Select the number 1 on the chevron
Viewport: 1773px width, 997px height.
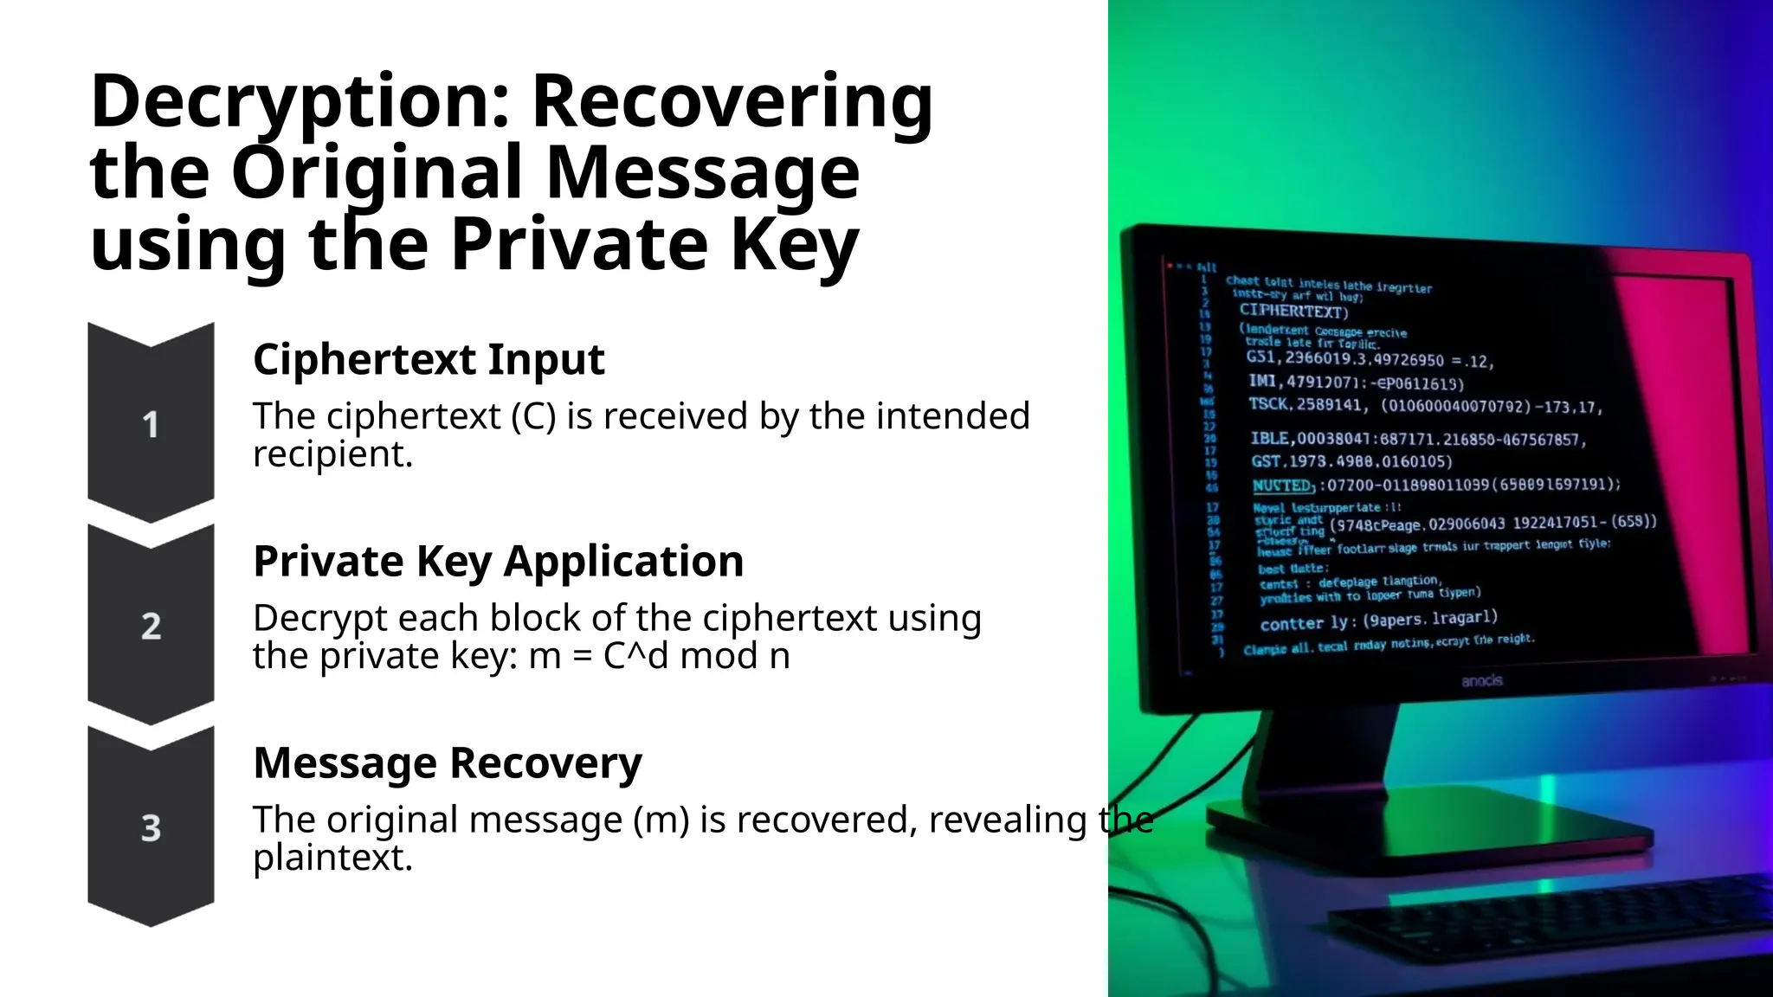(x=151, y=425)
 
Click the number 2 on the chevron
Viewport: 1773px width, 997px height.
(x=151, y=626)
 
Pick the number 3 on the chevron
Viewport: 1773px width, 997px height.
(x=151, y=828)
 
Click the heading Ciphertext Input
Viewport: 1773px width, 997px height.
(x=428, y=359)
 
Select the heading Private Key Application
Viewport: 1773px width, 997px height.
(x=498, y=561)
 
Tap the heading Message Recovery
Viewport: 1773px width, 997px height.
(x=447, y=762)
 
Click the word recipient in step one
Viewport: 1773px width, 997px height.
(x=332, y=454)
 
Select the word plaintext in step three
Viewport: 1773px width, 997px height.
(x=332, y=858)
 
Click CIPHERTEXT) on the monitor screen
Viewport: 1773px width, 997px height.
(x=1293, y=311)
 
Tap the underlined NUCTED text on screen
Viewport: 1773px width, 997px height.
(x=1282, y=486)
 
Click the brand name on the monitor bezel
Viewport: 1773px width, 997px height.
(x=1481, y=681)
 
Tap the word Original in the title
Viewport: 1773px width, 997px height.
(x=376, y=173)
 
